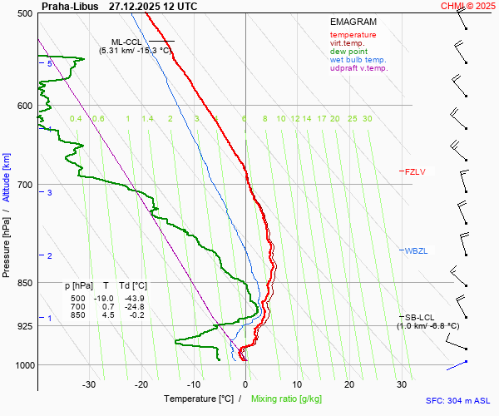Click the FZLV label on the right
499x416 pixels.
415,172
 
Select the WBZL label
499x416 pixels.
415,250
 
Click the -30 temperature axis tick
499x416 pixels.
89,384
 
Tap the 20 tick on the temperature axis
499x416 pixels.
349,384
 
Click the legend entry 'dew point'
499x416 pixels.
348,52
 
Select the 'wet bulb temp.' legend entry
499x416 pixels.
358,60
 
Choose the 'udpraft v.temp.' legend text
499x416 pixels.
358,68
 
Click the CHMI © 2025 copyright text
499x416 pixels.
468,6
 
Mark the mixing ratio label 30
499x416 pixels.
367,119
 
